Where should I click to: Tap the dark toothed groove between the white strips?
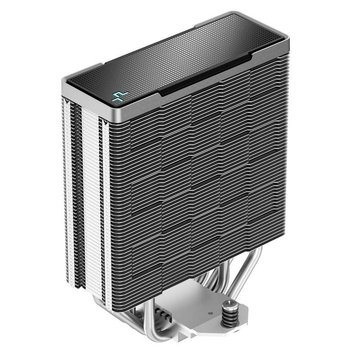click(x=78, y=180)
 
